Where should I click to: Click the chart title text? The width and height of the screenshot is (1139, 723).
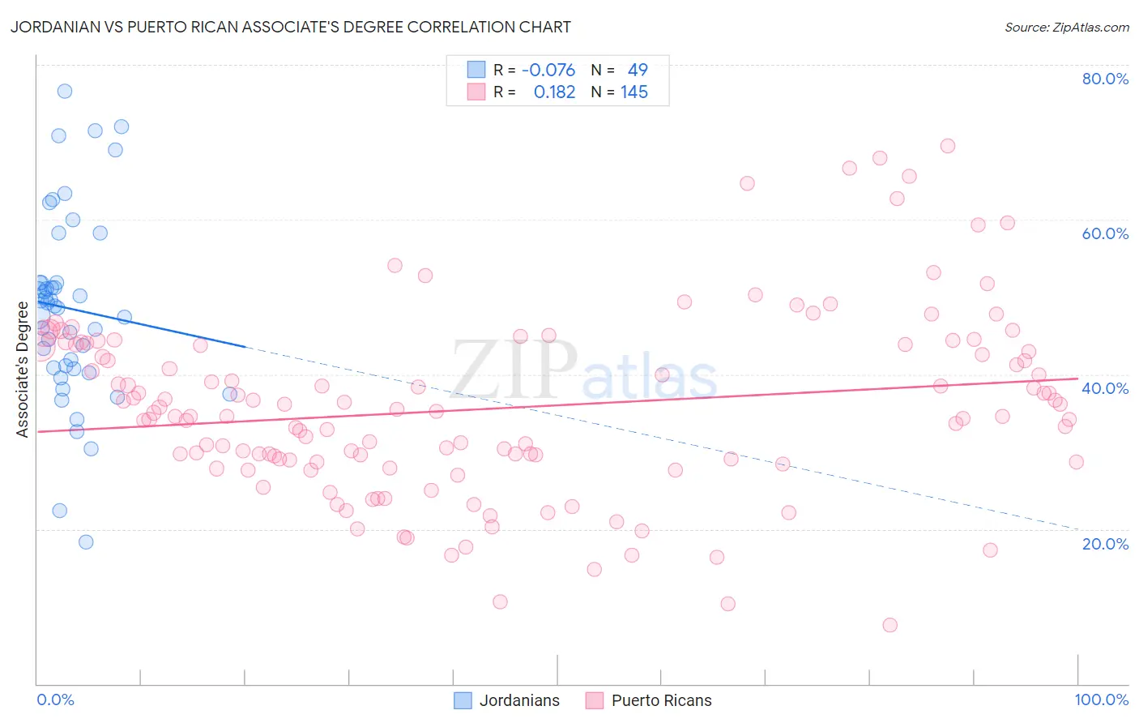tap(291, 28)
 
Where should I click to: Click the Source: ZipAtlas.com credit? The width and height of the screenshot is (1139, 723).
tap(1066, 28)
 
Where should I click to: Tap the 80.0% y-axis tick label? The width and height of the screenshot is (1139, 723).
tap(1105, 79)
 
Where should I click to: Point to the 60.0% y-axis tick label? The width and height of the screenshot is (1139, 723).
tap(1105, 233)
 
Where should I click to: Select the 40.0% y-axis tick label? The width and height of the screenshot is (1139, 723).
tap(1105, 388)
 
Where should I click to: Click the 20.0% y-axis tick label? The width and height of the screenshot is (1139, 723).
tap(1105, 544)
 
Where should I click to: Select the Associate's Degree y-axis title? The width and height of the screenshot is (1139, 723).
tap(23, 370)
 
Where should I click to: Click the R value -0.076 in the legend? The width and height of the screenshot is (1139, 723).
tap(548, 71)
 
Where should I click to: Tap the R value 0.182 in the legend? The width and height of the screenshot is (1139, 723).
tap(554, 92)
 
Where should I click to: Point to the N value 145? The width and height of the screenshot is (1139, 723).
tap(634, 92)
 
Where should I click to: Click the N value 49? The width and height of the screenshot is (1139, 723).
tap(638, 71)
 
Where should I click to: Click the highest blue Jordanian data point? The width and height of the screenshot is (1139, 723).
tap(65, 91)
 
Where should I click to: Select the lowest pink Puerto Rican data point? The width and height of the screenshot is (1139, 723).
tap(889, 625)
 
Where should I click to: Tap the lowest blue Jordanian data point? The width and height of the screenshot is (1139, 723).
tap(86, 542)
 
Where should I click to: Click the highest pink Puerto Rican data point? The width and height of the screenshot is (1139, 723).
tap(948, 146)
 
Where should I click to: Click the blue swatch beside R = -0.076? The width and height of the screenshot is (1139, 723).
tap(476, 71)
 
